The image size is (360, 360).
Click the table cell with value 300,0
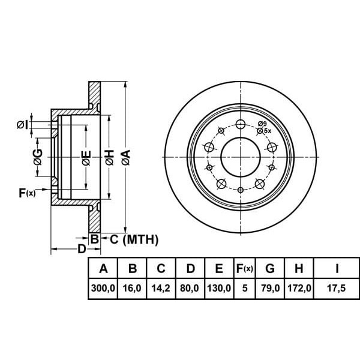tap(103, 288)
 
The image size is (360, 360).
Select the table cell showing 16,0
tap(133, 288)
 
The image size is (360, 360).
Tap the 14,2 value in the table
tap(161, 288)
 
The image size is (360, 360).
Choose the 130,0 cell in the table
tap(219, 288)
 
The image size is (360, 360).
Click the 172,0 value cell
tap(299, 288)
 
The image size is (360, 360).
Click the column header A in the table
tap(103, 268)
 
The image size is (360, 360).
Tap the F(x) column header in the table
tap(245, 268)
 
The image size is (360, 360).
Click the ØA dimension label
tap(125, 157)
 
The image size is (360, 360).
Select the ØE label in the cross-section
tap(86, 157)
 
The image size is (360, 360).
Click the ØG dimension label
tap(37, 157)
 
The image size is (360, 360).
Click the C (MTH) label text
tap(133, 240)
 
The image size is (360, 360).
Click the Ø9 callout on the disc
tap(262, 124)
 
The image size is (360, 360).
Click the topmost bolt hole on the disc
tap(241, 124)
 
